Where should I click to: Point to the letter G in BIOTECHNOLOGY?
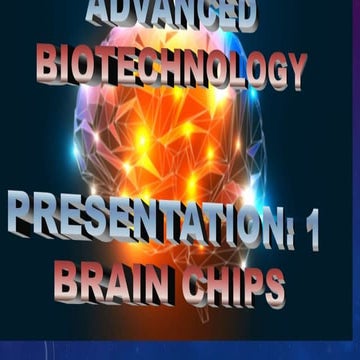268,69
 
